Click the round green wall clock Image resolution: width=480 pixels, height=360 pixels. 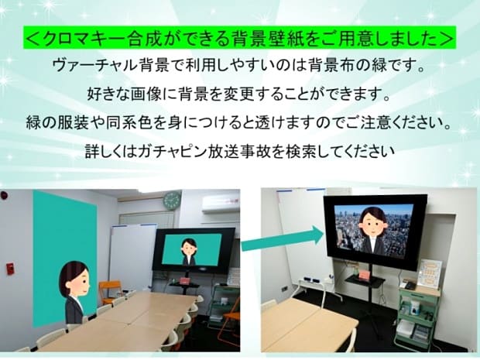pyautogui.click(x=172, y=200)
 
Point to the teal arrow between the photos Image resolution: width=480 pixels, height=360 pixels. pyautogui.click(x=283, y=240)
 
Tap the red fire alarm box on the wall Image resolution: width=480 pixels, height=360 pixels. pyautogui.click(x=10, y=269)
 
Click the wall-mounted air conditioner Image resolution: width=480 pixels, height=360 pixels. pyautogui.click(x=221, y=203)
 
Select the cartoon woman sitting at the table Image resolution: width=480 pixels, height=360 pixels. pyautogui.click(x=74, y=292)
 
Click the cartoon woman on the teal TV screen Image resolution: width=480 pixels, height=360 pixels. pyautogui.click(x=189, y=252)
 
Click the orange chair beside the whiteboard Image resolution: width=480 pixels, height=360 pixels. pyautogui.click(x=109, y=293)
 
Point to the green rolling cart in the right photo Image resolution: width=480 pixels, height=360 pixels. pyautogui.click(x=417, y=316)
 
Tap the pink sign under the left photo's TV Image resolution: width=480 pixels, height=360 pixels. pyautogui.click(x=185, y=281)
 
